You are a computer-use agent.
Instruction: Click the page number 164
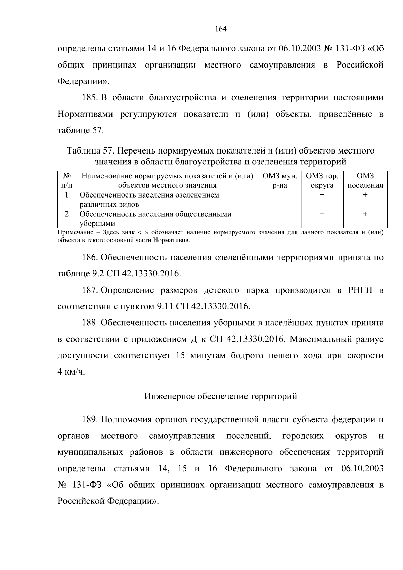[x=221, y=29]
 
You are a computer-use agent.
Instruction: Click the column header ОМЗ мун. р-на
[x=279, y=181]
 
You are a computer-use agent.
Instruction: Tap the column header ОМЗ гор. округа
[x=322, y=181]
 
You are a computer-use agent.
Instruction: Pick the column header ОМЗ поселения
[x=365, y=181]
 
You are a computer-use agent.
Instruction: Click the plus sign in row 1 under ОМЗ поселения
[x=365, y=195]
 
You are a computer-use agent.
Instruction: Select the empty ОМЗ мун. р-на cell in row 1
[x=279, y=200]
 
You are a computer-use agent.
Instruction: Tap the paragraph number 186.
[x=90, y=257]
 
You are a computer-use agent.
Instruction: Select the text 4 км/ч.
[x=71, y=372]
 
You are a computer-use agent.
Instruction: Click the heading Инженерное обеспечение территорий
[x=221, y=396]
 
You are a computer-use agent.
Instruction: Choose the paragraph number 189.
[x=90, y=420]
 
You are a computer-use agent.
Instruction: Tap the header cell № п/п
[x=67, y=181]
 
